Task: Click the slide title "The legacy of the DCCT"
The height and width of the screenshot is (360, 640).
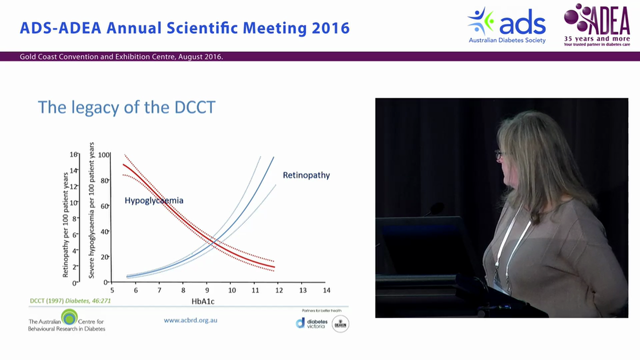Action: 126,107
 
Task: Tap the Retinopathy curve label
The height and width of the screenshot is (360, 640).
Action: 306,175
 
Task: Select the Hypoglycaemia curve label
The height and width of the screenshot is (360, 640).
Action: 154,200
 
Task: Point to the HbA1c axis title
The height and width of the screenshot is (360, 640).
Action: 203,301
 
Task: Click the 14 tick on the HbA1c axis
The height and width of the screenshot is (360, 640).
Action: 326,290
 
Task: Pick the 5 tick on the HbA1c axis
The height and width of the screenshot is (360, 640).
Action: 111,290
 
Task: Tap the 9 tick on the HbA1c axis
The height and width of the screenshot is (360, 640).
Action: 207,290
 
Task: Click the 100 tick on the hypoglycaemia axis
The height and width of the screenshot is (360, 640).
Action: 103,155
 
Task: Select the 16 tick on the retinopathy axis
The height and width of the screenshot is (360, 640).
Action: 73,154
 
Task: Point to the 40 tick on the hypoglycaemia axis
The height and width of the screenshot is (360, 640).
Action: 104,231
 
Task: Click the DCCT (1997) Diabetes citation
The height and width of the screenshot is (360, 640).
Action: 70,301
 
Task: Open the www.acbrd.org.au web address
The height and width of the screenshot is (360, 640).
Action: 190,320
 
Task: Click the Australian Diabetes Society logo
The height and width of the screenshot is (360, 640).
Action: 506,25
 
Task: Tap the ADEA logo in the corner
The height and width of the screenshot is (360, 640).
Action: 596,25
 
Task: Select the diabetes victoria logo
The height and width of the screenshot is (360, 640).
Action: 312,323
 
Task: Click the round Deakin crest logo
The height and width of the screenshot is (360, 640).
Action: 340,323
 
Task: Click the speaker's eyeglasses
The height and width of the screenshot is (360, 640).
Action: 499,154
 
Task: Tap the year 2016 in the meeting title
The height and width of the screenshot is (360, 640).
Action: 330,28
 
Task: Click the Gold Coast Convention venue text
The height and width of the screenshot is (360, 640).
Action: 121,57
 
